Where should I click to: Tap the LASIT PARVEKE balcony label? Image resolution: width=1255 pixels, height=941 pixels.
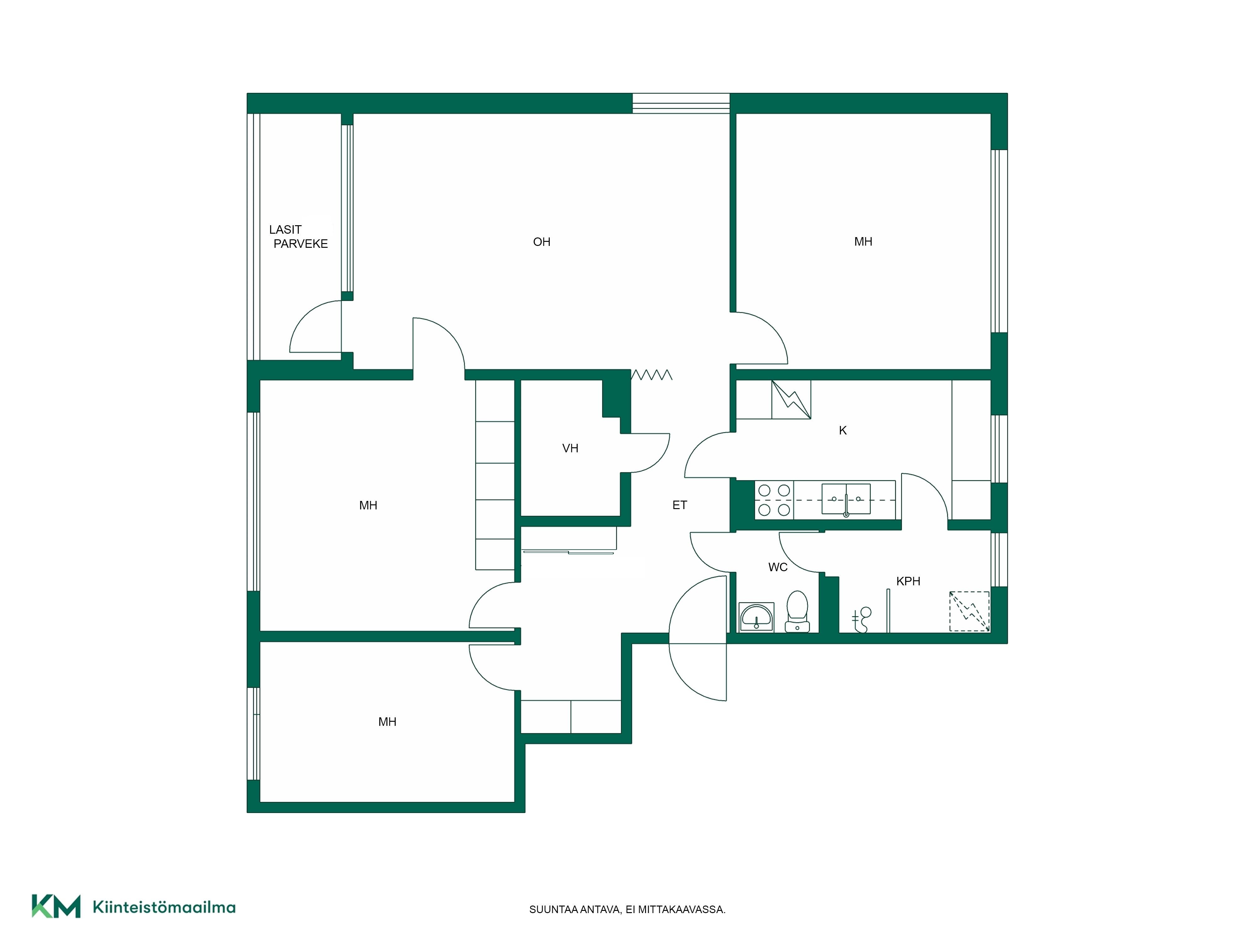298,237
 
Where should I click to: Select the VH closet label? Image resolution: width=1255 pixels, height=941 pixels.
570,449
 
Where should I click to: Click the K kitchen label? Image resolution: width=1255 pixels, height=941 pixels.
842,431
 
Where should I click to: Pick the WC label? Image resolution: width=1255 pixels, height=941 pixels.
778,567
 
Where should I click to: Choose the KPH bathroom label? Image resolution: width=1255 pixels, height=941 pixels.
908,581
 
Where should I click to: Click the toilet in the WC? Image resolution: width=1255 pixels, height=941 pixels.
797,611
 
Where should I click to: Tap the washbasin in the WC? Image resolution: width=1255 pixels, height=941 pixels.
756,617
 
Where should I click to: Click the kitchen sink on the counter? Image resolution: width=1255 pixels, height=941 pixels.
846,499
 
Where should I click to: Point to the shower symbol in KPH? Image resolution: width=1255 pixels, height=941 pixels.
862,619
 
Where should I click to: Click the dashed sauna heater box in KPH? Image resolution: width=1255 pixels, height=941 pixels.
969,611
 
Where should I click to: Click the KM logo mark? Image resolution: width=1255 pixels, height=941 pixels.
56,906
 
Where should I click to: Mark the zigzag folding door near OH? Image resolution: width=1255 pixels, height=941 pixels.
651,375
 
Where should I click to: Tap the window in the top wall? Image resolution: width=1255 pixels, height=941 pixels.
681,103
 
